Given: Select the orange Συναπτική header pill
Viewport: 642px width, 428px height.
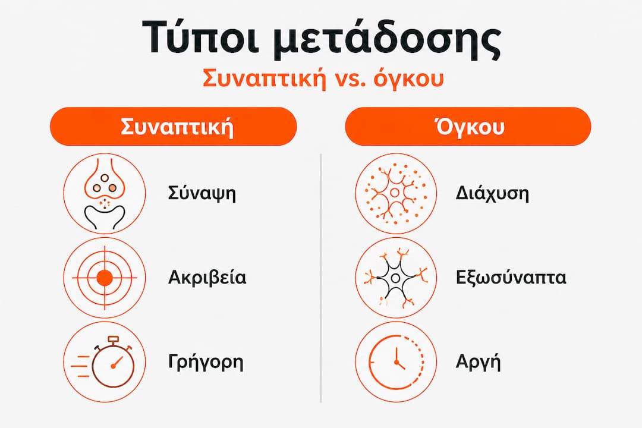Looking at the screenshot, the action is coord(173,127).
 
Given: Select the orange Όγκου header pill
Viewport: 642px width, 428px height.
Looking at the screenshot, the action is coord(468,127).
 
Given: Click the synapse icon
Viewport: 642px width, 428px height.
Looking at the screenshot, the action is coord(105,193).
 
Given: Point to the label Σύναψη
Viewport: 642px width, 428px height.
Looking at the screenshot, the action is coord(202,193).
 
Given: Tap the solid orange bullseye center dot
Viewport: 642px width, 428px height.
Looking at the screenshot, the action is coord(105,278).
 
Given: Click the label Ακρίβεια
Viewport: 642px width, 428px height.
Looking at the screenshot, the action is coord(207,277).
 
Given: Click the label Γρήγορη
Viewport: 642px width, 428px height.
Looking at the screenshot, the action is coord(206,363).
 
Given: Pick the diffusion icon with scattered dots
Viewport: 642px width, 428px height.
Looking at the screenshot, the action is coord(396,193).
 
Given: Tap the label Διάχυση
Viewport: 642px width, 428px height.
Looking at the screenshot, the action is coord(492,193).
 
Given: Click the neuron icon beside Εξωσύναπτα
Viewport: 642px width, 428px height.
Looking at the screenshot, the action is coord(396,278).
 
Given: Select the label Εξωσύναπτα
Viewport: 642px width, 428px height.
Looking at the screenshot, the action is coord(511,278).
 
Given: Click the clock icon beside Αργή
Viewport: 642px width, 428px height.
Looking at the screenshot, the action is coord(396,362).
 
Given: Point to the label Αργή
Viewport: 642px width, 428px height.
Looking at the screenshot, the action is coord(478,363).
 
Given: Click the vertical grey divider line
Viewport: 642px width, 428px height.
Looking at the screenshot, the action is coord(320,278).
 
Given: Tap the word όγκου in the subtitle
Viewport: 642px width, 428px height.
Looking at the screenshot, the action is coord(409,78).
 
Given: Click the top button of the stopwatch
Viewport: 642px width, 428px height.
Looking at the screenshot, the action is coord(113,339).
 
